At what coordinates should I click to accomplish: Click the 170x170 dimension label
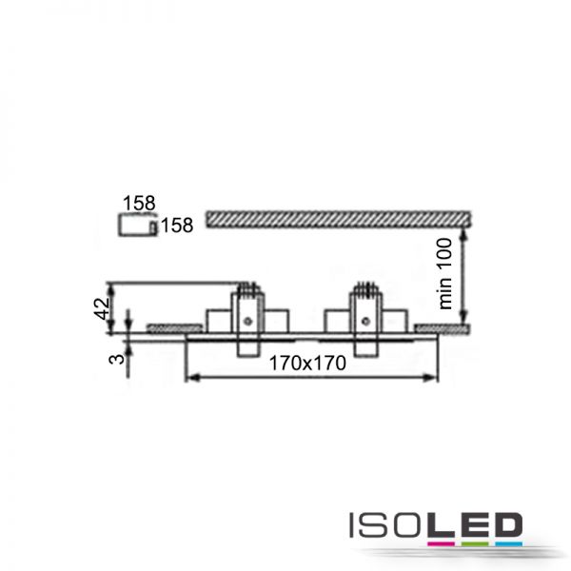click(x=307, y=364)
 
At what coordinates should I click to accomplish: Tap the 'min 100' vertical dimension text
click(x=445, y=273)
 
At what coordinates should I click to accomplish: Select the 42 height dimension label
click(x=102, y=308)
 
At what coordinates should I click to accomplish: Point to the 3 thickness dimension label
click(x=116, y=359)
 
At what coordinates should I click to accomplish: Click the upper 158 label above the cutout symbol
click(x=139, y=203)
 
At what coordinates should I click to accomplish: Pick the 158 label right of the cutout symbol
click(x=177, y=225)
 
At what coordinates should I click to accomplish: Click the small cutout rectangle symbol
click(x=138, y=225)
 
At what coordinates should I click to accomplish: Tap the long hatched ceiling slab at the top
click(x=338, y=220)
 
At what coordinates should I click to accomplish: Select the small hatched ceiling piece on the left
click(x=174, y=328)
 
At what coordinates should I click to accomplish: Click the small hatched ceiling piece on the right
click(x=443, y=329)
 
